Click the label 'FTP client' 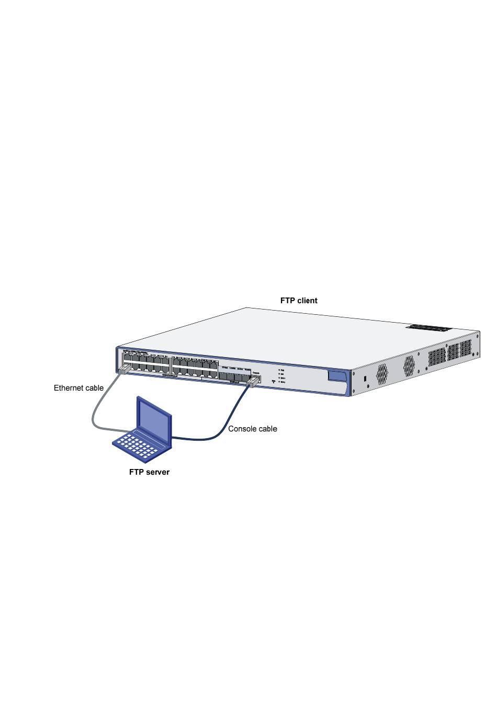point(299,301)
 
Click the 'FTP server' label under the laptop point(149,472)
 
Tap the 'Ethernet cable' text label point(78,388)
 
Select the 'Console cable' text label point(253,429)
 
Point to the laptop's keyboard point(135,445)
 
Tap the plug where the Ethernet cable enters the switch point(123,370)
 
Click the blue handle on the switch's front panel point(337,376)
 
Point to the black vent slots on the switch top point(429,328)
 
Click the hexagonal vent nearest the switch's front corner point(382,372)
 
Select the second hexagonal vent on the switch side point(409,365)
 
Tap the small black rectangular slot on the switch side point(365,378)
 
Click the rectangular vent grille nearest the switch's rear point(465,349)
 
